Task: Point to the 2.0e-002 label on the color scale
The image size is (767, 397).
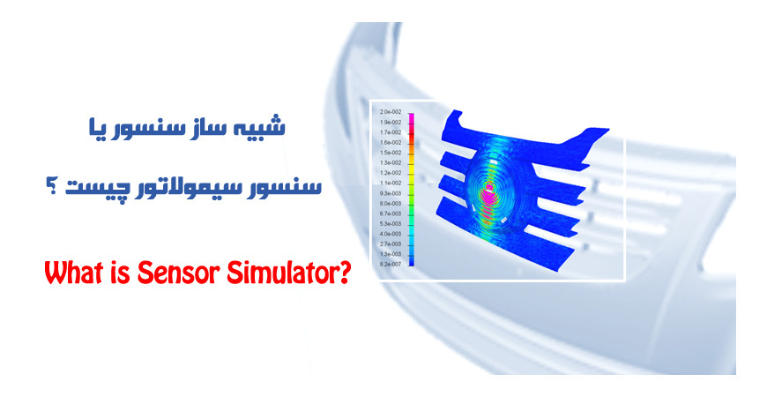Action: (x=390, y=112)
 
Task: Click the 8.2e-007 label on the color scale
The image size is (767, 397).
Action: (x=390, y=264)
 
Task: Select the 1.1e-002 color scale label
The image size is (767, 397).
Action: (x=390, y=183)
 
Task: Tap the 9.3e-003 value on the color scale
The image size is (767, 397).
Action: (x=390, y=192)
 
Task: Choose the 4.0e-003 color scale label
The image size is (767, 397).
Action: (x=390, y=233)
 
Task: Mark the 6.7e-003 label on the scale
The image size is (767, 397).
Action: (x=390, y=213)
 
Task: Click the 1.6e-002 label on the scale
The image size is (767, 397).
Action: (x=390, y=142)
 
